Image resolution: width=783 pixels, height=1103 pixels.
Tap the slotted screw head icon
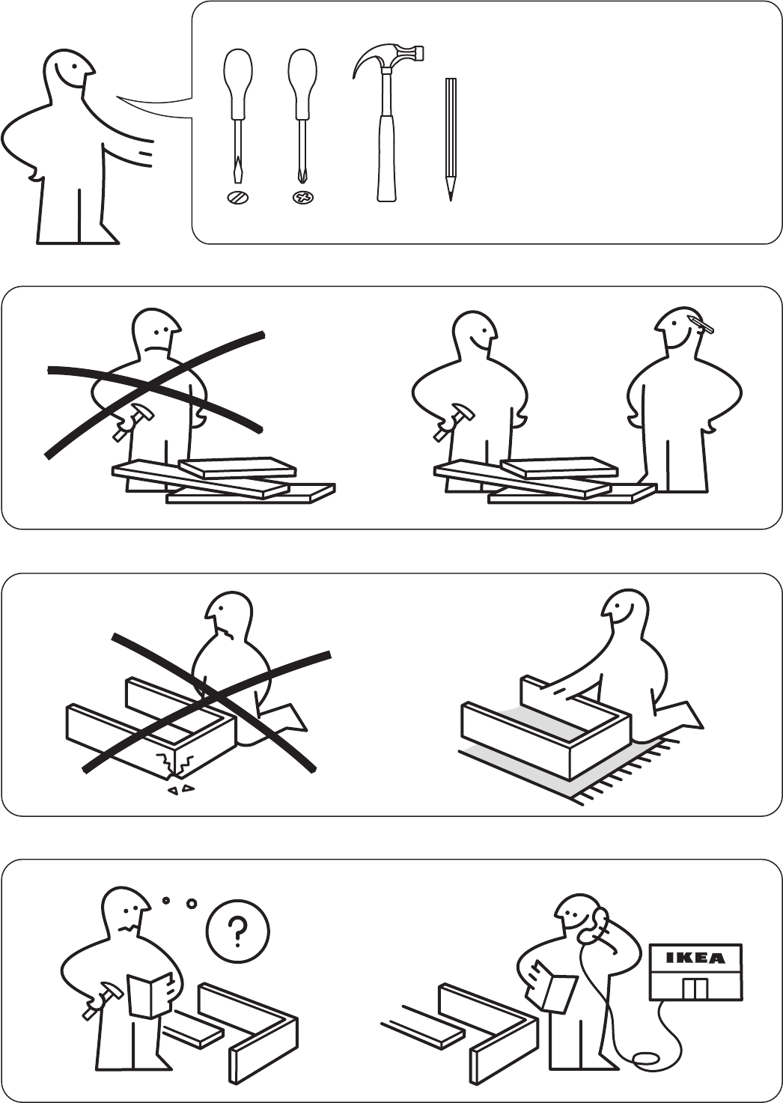tap(238, 198)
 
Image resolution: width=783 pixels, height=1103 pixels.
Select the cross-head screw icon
tap(302, 198)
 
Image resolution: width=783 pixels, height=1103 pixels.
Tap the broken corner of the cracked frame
tap(174, 765)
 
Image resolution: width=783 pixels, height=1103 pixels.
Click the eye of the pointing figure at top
tap(74, 66)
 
